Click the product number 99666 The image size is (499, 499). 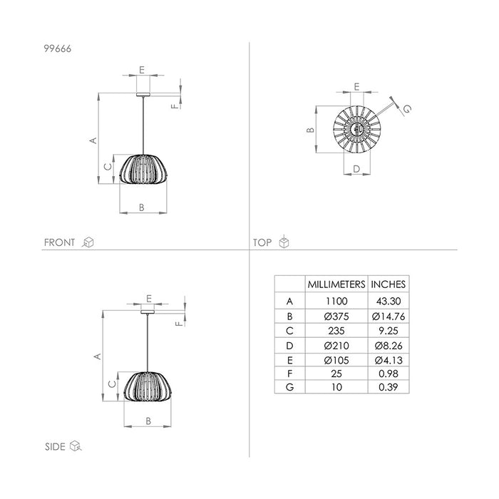pyautogui.click(x=58, y=48)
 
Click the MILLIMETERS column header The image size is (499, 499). pyautogui.click(x=336, y=284)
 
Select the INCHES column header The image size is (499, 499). pyautogui.click(x=389, y=284)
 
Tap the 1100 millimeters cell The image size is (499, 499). pyautogui.click(x=336, y=301)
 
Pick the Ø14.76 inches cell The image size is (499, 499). pyautogui.click(x=389, y=317)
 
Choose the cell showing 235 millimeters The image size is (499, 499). pyautogui.click(x=336, y=331)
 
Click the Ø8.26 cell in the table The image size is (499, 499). pyautogui.click(x=389, y=346)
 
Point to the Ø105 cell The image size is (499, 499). pyautogui.click(x=336, y=360)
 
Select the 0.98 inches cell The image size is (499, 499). pyautogui.click(x=389, y=374)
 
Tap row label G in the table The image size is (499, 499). pyautogui.click(x=289, y=387)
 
